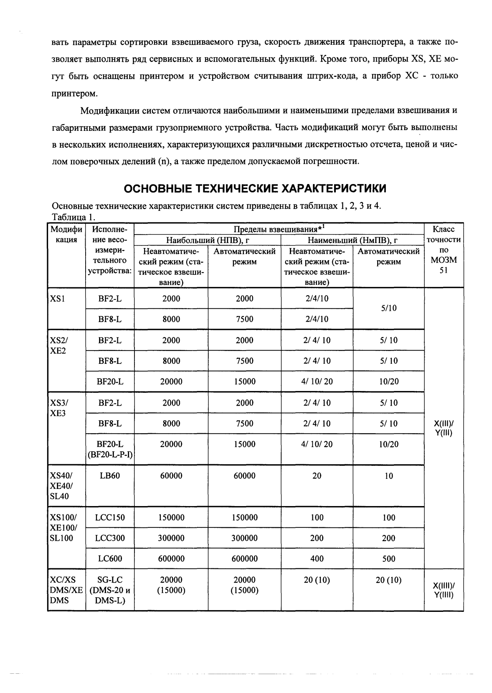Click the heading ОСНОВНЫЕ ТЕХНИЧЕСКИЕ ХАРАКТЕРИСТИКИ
tap(255, 189)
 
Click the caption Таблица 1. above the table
tap(74, 217)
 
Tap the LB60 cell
tap(109, 476)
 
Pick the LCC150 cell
tap(109, 517)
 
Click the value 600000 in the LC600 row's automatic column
tap(244, 559)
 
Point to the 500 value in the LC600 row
tap(388, 559)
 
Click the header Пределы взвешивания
tap(279, 229)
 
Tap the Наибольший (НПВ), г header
tap(208, 240)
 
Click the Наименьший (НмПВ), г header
tap(352, 240)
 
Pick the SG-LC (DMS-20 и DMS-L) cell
tap(109, 590)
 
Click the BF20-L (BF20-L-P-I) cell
tap(110, 449)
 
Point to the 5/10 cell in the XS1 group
tap(388, 308)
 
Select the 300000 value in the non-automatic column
tap(171, 538)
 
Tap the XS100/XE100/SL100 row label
tap(61, 528)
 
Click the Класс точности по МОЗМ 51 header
tap(444, 250)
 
